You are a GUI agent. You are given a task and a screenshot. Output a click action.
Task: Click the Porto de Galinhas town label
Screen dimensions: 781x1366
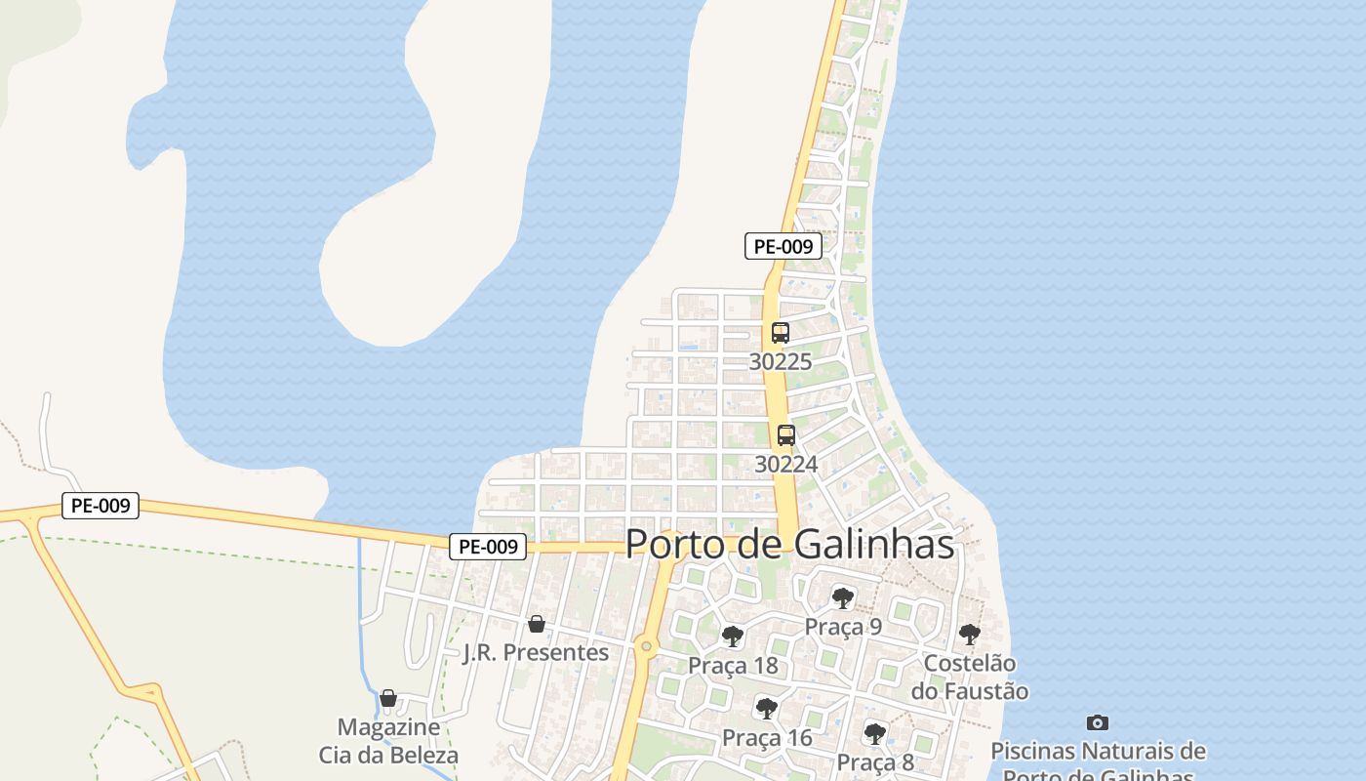tap(789, 544)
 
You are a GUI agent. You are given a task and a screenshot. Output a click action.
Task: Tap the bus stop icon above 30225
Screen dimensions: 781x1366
tap(781, 333)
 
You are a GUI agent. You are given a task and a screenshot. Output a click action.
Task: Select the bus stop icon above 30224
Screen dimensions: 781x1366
tap(786, 435)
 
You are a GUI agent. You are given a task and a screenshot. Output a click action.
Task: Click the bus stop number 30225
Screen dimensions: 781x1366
tap(781, 361)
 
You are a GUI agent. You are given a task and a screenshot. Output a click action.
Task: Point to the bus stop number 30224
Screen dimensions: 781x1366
tap(786, 464)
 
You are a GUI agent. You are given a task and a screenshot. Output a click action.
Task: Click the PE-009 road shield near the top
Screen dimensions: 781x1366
tap(783, 246)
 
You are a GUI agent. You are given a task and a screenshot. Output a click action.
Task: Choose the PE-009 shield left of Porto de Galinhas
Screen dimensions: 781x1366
tap(488, 547)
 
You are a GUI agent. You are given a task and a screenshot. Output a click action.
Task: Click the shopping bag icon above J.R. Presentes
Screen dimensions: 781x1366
tap(536, 624)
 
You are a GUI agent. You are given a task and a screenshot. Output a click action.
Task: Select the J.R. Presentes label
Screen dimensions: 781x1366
tap(536, 652)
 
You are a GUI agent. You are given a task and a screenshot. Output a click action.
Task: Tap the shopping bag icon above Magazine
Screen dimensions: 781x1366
tap(388, 699)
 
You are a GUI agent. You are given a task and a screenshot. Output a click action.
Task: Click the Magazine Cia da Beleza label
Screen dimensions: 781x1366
tap(388, 741)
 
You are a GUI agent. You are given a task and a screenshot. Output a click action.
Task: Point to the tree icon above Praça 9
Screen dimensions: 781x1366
tap(843, 597)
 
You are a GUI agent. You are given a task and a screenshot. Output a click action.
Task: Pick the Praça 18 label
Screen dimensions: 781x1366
tap(733, 666)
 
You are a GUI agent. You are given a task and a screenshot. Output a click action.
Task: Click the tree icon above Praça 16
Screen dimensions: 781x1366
tap(767, 708)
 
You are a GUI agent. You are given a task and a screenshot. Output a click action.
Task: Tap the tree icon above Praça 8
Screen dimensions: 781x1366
tap(875, 732)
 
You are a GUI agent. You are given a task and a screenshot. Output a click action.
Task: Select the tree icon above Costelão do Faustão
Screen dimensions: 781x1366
tap(969, 635)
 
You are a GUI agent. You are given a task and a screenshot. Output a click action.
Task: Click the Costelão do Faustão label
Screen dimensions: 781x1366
tap(970, 678)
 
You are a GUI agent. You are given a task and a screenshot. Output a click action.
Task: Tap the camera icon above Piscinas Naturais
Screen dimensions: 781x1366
tap(1098, 723)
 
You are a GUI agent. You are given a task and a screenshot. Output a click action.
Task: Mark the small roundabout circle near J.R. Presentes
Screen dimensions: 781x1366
tap(646, 646)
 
